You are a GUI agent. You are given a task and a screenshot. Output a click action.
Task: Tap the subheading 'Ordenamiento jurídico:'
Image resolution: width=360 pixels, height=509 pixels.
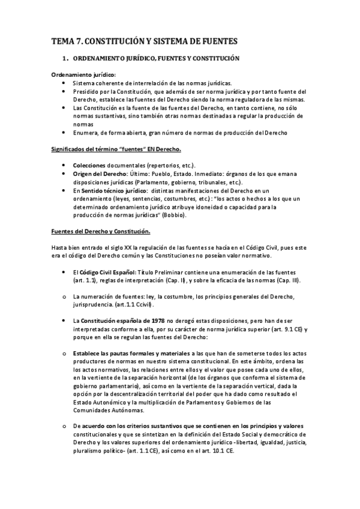[83, 74]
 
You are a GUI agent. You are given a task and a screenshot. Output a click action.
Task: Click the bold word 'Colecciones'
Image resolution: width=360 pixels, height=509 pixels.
[92, 165]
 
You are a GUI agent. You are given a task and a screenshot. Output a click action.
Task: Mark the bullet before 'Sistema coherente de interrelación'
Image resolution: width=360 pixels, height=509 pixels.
[64, 83]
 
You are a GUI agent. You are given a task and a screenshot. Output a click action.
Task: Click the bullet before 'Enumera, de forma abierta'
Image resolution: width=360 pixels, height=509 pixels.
[64, 132]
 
